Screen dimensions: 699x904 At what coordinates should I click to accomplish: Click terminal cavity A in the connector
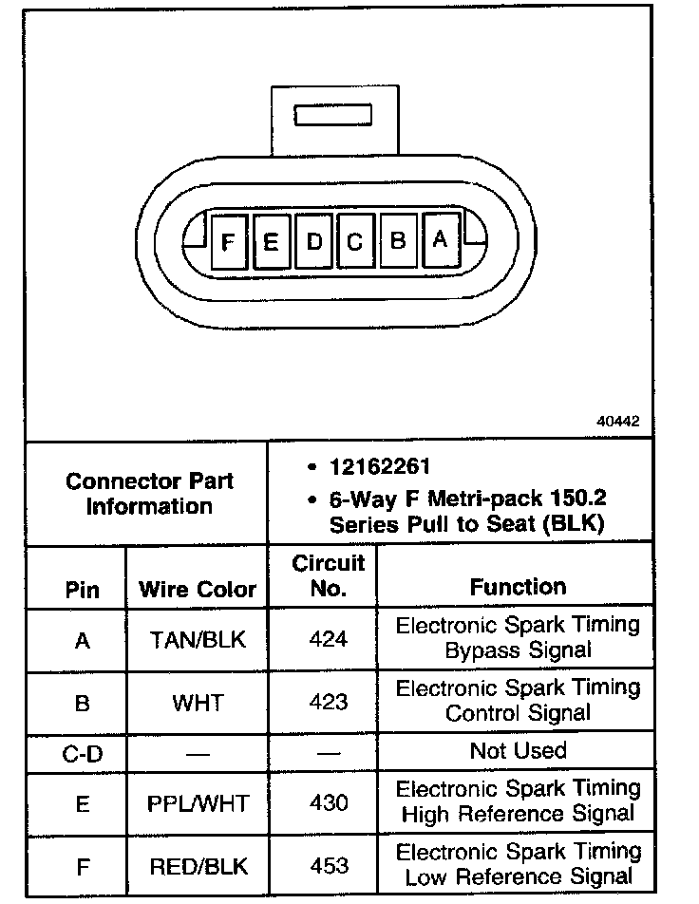(439, 240)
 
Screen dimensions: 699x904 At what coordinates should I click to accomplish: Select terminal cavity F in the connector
(228, 242)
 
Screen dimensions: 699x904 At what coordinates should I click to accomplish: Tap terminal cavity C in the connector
(355, 242)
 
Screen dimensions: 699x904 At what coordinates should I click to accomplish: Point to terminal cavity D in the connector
(313, 242)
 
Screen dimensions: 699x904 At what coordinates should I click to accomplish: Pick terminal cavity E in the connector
(271, 242)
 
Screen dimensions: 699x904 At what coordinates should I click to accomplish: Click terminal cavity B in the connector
(398, 241)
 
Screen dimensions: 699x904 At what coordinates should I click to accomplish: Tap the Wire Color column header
(198, 589)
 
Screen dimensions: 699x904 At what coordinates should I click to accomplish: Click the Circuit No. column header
(328, 575)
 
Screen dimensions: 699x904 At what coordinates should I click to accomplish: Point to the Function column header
(518, 587)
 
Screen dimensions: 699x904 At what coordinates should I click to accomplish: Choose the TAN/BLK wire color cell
(198, 640)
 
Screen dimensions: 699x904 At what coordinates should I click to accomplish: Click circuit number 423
(329, 703)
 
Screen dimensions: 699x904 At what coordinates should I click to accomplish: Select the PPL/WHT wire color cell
(198, 803)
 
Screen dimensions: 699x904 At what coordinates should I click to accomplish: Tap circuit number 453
(329, 865)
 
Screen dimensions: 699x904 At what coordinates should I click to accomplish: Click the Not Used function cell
(518, 750)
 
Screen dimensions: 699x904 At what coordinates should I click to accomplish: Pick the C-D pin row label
(82, 753)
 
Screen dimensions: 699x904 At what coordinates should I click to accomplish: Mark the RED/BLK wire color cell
(198, 865)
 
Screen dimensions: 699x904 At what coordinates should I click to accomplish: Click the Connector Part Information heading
(149, 493)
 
